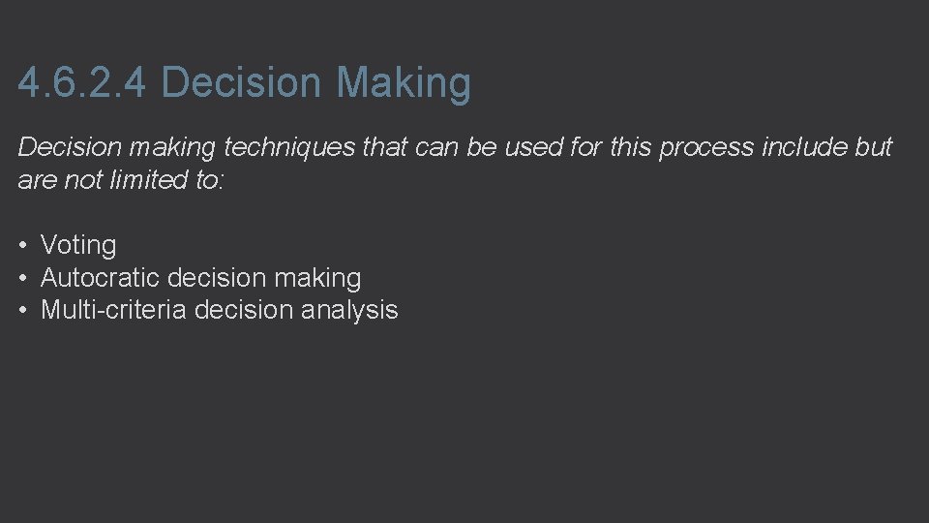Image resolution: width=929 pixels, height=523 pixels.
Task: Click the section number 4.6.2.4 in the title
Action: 82,83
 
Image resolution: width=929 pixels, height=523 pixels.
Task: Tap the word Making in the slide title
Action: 404,83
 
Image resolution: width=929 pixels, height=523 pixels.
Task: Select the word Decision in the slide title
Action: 240,83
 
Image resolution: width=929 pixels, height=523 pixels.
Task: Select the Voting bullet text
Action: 78,246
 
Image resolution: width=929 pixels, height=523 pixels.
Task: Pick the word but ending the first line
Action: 873,148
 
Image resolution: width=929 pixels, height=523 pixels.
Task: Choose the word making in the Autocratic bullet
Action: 317,278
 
